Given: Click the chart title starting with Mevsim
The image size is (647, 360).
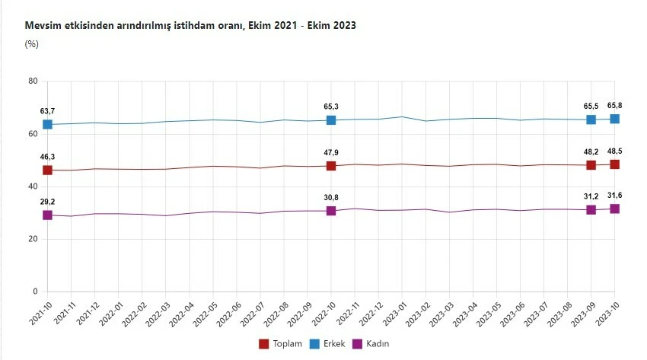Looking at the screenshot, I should [190, 26].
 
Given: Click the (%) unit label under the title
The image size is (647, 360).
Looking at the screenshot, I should [32, 43].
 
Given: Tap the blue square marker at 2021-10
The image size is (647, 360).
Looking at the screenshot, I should [47, 124].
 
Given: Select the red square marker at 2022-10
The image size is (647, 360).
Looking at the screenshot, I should [331, 166].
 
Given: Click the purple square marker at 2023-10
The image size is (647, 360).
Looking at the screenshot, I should [614, 209].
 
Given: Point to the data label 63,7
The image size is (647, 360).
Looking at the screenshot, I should [47, 111].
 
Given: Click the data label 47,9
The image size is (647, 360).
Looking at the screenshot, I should [331, 152].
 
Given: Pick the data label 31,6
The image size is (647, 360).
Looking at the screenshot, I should [614, 195].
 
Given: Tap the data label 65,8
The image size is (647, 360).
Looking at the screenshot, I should [614, 105].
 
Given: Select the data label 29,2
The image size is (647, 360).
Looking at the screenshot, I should [47, 202].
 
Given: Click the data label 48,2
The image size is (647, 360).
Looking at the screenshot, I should [591, 151].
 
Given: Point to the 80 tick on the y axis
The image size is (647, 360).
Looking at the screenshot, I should [33, 81].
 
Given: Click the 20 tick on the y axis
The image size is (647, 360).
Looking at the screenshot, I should [33, 239].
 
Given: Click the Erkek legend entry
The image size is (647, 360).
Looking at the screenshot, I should [328, 344].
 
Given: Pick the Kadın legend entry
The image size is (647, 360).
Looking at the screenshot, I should [371, 344].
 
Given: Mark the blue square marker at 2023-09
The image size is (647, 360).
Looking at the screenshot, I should [591, 119].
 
